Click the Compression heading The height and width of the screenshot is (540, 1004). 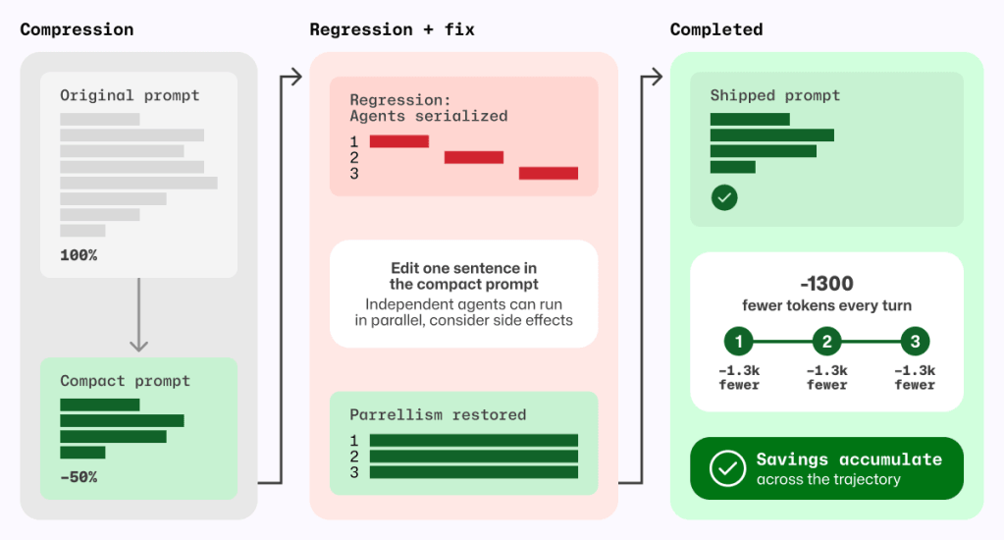click(x=77, y=29)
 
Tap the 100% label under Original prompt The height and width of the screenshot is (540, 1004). click(x=79, y=255)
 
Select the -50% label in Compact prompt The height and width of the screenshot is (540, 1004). click(x=79, y=477)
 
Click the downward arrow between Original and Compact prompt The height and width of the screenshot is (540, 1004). click(x=139, y=314)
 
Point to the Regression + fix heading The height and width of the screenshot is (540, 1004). click(x=392, y=29)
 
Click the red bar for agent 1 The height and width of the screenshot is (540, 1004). click(x=398, y=141)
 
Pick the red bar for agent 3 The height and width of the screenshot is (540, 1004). click(x=549, y=174)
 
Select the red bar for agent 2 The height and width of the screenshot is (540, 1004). click(x=474, y=157)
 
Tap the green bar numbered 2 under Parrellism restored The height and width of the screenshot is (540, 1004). click(x=474, y=457)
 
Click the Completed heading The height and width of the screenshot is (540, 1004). click(x=716, y=29)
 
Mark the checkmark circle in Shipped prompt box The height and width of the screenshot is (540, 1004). click(x=724, y=197)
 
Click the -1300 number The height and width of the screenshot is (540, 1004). click(x=826, y=283)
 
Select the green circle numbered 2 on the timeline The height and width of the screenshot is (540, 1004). click(x=826, y=342)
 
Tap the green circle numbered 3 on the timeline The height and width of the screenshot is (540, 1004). click(x=915, y=342)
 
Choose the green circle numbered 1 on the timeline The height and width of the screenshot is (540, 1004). click(x=739, y=342)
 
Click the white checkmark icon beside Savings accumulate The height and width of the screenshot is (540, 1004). click(x=727, y=468)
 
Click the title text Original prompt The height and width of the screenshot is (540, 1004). click(x=130, y=95)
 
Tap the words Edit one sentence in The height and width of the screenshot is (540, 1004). click(x=464, y=268)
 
